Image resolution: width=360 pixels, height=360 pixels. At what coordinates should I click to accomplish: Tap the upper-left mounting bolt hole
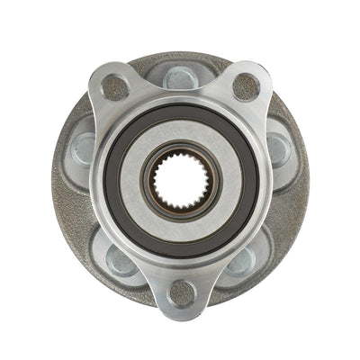tap(114, 86)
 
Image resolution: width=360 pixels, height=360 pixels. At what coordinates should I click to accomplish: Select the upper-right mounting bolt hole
tap(246, 86)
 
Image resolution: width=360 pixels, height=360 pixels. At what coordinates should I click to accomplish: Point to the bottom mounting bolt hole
tap(181, 292)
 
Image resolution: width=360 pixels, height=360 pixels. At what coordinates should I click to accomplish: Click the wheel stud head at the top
tap(181, 78)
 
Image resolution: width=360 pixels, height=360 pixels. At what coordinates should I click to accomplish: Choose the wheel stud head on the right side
tap(277, 147)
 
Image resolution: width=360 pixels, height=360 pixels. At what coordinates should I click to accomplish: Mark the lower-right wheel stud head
tap(240, 260)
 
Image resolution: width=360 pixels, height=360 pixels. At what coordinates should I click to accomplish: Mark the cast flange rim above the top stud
tap(180, 59)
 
